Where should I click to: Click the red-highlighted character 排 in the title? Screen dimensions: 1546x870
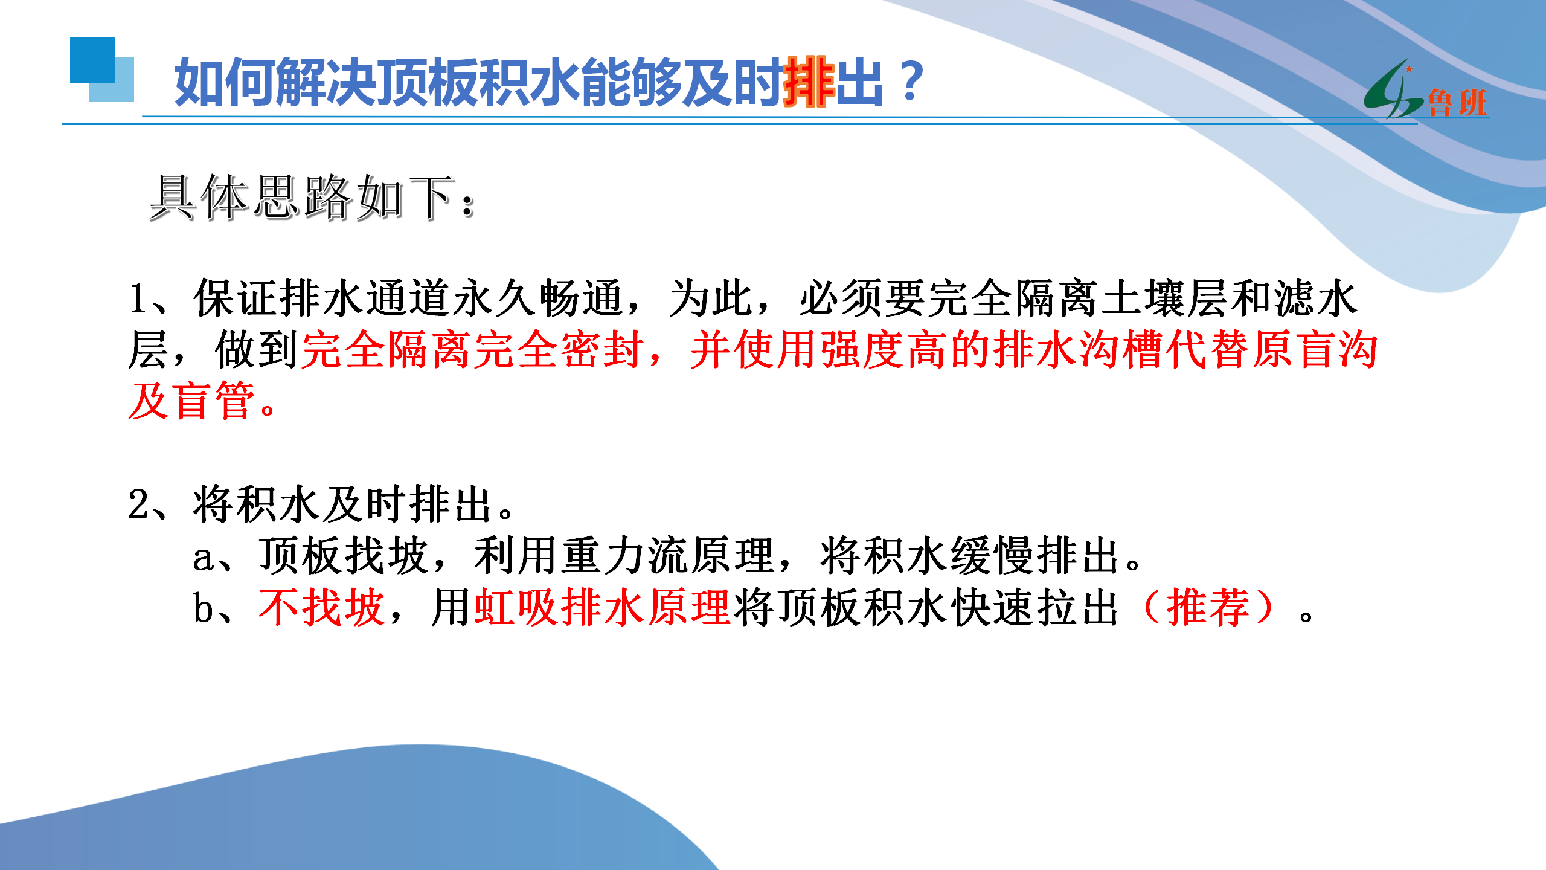tap(809, 82)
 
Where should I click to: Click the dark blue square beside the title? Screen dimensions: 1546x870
tap(92, 60)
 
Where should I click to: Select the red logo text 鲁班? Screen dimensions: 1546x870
tap(1457, 102)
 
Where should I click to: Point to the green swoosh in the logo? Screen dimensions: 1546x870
tap(1389, 91)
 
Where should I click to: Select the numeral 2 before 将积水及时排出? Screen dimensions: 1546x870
tap(138, 504)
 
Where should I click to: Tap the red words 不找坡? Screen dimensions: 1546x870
tap(322, 607)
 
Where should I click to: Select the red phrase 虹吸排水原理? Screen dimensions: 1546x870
tap(603, 607)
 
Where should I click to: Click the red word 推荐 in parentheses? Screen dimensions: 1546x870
tap(1208, 607)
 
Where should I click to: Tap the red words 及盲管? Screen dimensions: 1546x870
tap(192, 401)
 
